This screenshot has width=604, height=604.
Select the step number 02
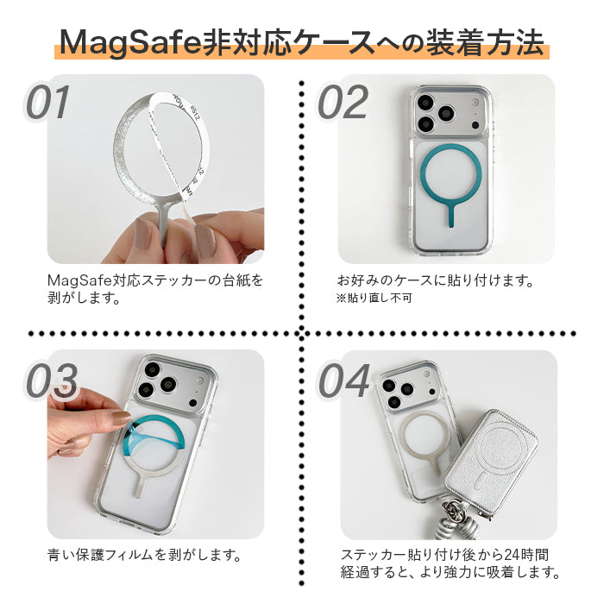pyautogui.click(x=343, y=104)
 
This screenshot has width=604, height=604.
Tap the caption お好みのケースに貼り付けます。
pyautogui.click(x=435, y=280)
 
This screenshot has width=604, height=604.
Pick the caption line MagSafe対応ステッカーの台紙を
pyautogui.click(x=155, y=280)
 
